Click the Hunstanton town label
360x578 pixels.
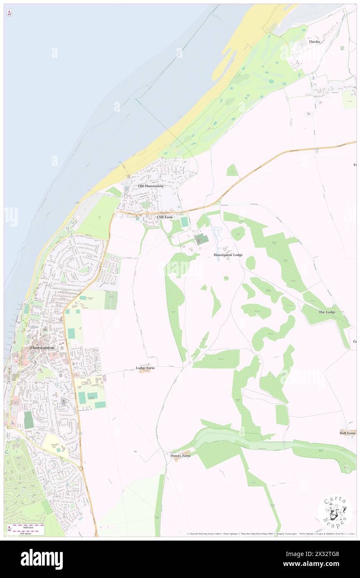tap(42, 347)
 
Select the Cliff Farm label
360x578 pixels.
tap(165, 217)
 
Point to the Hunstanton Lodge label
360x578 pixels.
tap(228, 254)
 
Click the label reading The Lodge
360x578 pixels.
tap(327, 312)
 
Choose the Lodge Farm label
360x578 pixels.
tap(145, 368)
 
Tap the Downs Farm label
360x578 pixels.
tap(180, 456)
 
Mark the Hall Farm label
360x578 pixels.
tap(347, 433)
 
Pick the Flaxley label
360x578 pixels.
tap(314, 42)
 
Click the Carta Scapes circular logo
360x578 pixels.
tap(335, 511)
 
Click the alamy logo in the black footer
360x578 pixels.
tap(42, 559)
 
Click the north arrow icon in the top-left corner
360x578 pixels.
tap(9, 13)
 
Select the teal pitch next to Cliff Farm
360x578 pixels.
tap(184, 222)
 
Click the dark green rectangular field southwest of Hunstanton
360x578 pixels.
tap(29, 420)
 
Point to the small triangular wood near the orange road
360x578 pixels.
tap(232, 170)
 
